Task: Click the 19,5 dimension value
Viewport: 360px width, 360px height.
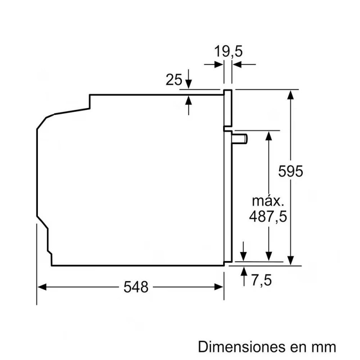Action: coord(228,51)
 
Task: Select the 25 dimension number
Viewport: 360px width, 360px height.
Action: coord(174,80)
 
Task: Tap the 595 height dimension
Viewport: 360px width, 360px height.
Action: coord(290,171)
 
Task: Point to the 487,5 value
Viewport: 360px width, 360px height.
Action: coord(268,216)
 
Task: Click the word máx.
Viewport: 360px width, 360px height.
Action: coord(268,201)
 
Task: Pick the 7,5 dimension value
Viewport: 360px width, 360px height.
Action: coord(261,280)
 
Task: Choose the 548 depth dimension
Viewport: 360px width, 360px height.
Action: coord(136,287)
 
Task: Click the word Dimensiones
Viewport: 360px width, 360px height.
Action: coord(242,346)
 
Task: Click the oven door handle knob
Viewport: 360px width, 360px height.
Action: coord(240,139)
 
